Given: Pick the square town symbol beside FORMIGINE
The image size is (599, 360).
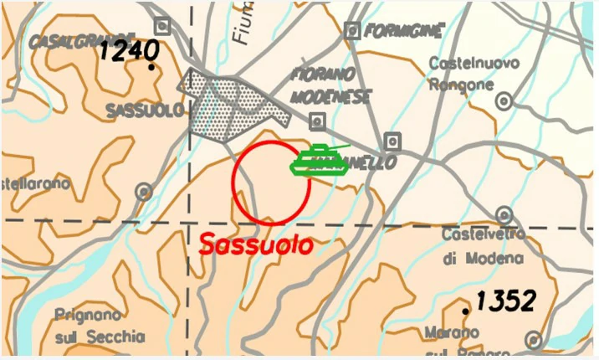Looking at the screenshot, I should (x=352, y=31).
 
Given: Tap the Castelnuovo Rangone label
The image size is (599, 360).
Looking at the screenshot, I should (x=474, y=74).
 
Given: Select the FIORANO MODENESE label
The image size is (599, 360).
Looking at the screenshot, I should (x=330, y=86).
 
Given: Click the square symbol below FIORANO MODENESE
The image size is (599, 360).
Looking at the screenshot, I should (x=317, y=120).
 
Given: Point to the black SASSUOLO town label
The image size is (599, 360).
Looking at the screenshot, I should (x=145, y=111).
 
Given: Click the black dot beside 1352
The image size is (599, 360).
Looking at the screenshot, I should (x=466, y=311).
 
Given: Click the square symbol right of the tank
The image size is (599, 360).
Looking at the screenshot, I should (x=392, y=141).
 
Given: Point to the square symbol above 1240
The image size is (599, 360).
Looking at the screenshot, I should (x=162, y=25).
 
